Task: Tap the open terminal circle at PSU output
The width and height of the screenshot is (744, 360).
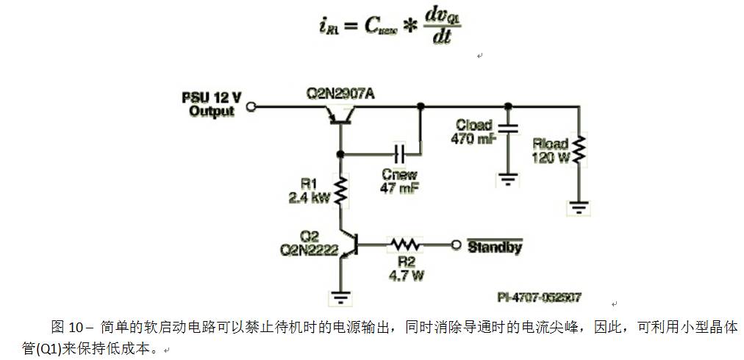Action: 251,107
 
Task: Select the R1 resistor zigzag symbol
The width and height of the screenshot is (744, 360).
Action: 340,190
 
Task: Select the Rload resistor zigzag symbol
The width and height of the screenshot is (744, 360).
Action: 580,150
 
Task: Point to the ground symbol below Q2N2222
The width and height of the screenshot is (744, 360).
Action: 340,296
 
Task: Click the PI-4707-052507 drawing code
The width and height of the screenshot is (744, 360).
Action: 539,298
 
